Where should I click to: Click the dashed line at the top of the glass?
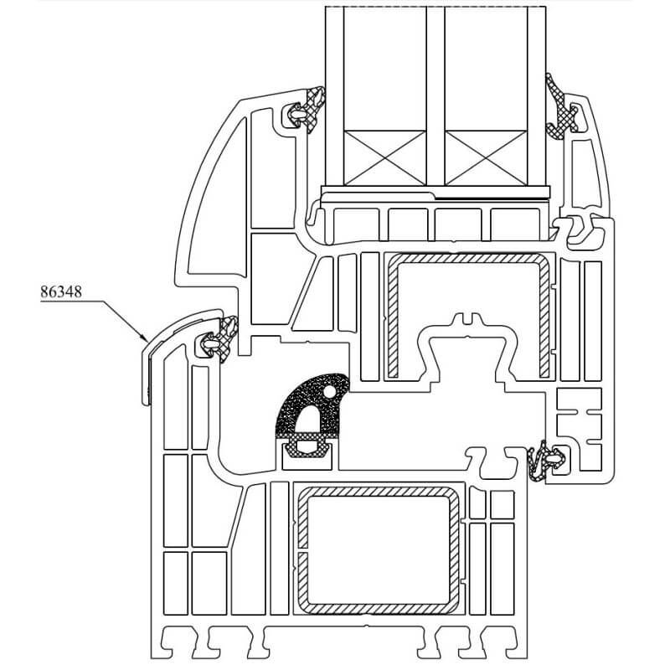pyautogui.click(x=435, y=6)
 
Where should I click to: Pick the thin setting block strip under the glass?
pyautogui.click(x=435, y=193)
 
